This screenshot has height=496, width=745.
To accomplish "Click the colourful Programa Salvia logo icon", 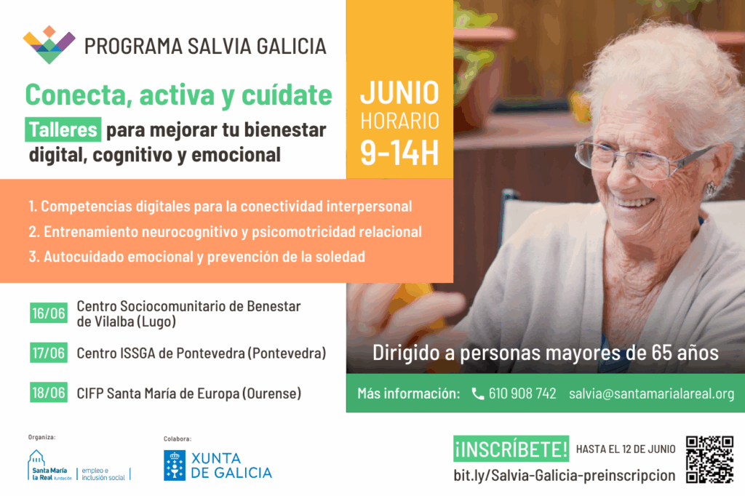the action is pyautogui.click(x=49, y=45).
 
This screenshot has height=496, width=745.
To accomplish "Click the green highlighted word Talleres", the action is pyautogui.click(x=63, y=129).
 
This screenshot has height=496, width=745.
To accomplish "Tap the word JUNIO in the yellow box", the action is pyautogui.click(x=399, y=92).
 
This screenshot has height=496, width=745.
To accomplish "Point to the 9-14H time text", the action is pyautogui.click(x=399, y=153).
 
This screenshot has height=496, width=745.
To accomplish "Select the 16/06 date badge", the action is pyautogui.click(x=49, y=313).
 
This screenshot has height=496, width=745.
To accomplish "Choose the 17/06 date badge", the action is pyautogui.click(x=49, y=353).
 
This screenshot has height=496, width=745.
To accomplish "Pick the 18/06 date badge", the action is pyautogui.click(x=49, y=393).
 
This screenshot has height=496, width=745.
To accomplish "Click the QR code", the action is pyautogui.click(x=710, y=460).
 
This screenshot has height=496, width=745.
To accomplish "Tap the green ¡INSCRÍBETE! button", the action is pyautogui.click(x=511, y=449).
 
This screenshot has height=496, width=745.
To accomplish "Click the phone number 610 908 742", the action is pyautogui.click(x=522, y=393).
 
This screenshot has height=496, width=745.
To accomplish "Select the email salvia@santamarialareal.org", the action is pyautogui.click(x=651, y=393).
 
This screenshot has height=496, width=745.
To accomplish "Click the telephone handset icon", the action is pyautogui.click(x=477, y=393).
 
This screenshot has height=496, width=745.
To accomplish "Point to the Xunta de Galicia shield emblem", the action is pyautogui.click(x=175, y=465).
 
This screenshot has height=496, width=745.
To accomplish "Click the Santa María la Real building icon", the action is pyautogui.click(x=36, y=458).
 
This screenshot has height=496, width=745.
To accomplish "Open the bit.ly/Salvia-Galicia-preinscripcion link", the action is pyautogui.click(x=565, y=476).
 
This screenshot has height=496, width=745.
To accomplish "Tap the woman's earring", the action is pyautogui.click(x=710, y=188).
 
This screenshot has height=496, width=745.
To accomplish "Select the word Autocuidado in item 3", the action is pyautogui.click(x=84, y=257).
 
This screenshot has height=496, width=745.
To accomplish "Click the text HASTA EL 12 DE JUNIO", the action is pyautogui.click(x=626, y=449).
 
